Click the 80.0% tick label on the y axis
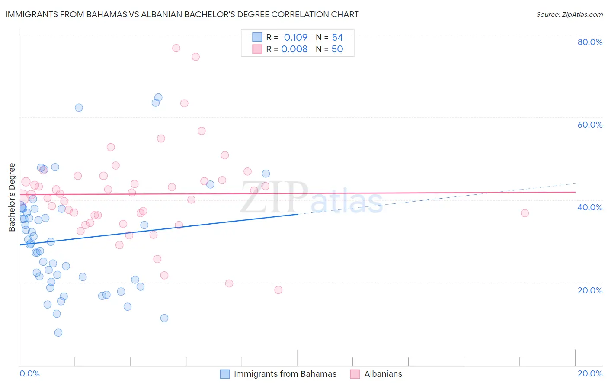[590, 42]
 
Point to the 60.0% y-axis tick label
[590, 125]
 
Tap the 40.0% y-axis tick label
[590, 207]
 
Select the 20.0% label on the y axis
[590, 290]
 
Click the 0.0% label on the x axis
[29, 373]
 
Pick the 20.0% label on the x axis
[590, 373]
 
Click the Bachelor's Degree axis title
[12, 197]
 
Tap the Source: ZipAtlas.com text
[569, 15]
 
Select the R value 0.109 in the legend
[295, 38]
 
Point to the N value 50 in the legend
[337, 49]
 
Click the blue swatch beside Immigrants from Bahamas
[225, 374]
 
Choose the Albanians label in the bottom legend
[383, 374]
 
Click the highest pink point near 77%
[176, 48]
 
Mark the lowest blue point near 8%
[58, 332]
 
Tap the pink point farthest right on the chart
[525, 213]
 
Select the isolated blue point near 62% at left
[79, 108]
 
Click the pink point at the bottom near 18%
[278, 290]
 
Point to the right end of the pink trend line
[576, 192]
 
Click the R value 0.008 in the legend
[294, 49]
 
